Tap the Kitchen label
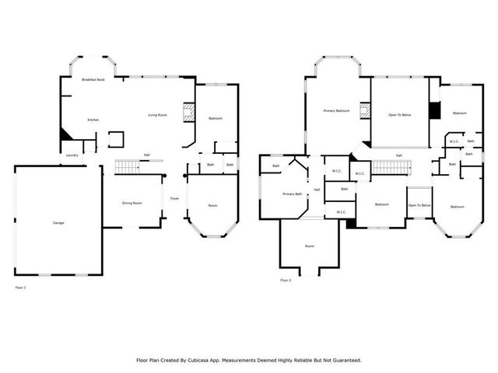[x=93, y=120]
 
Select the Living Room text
[x=158, y=115]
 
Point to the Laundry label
[x=72, y=155]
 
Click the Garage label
[x=58, y=223]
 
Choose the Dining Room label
[x=132, y=203]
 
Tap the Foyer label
[x=175, y=199]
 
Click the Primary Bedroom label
[x=336, y=111]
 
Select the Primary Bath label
[x=293, y=193]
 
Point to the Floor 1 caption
[x=21, y=288]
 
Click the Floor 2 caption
[x=286, y=280]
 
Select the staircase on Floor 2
[x=387, y=167]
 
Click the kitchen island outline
[x=115, y=139]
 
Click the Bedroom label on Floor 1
[x=216, y=118]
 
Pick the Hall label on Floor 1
[x=146, y=155]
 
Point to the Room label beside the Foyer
[x=212, y=205]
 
